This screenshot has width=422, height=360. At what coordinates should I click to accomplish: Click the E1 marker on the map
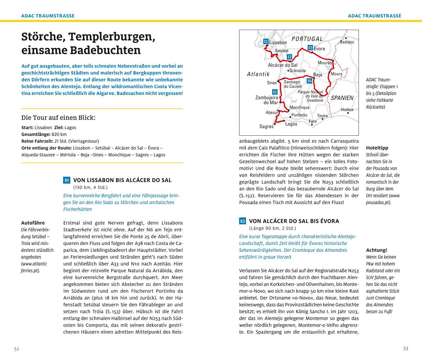point(266,41)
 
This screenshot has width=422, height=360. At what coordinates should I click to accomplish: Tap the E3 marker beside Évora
point(310,48)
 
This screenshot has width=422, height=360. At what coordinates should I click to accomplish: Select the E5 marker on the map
point(275,92)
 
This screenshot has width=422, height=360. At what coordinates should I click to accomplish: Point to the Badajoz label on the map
point(347,42)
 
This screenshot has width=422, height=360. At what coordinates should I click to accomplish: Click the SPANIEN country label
point(342,98)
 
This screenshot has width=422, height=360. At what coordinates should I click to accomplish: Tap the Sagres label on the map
point(266,126)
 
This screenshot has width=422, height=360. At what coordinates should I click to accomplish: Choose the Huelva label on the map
point(347,109)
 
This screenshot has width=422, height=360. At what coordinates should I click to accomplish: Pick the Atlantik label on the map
point(258,74)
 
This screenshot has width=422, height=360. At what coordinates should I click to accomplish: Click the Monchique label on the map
point(299,107)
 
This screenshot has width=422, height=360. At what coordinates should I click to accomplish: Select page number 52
point(16,349)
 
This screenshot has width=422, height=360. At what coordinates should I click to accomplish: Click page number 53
point(406,349)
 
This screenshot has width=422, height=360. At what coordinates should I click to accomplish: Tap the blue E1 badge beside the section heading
point(67,180)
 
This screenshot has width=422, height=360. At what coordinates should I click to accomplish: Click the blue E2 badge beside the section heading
point(242,221)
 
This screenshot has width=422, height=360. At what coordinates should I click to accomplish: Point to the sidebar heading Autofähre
point(33,223)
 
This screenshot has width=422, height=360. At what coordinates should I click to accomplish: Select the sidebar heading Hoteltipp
point(377,148)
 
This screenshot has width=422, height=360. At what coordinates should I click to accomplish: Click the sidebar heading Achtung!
point(376,250)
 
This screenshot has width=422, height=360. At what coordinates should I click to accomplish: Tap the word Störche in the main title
point(42,37)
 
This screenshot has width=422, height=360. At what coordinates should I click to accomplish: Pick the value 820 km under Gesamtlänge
point(59,134)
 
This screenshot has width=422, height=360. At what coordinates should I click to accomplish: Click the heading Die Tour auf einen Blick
point(58,118)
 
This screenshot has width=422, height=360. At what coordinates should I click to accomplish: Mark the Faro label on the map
point(313,121)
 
